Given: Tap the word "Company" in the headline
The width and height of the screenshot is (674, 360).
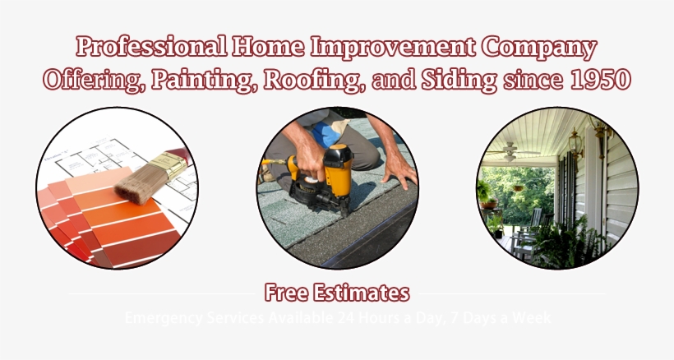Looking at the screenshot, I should click(x=538, y=47).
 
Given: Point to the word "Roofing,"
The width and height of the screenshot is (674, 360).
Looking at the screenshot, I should click(x=323, y=80).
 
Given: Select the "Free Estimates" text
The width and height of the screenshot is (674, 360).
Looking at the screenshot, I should click(x=337, y=292).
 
